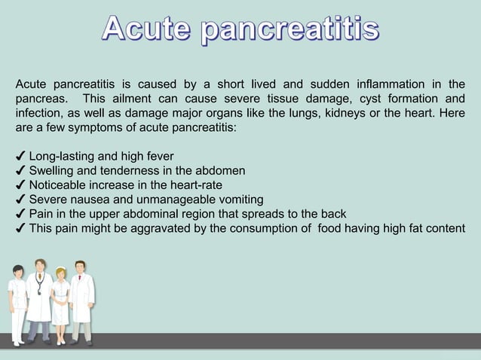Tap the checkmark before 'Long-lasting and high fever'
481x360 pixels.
[x=20, y=157]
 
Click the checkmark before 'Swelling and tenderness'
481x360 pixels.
[x=20, y=172]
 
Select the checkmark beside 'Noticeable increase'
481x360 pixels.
[x=20, y=185]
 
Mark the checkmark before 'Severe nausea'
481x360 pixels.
[x=20, y=200]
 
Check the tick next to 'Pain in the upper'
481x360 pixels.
[x=20, y=214]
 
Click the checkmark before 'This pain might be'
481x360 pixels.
[x=20, y=228]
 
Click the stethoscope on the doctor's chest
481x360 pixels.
[x=40, y=286]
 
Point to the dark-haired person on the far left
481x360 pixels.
[x=17, y=301]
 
